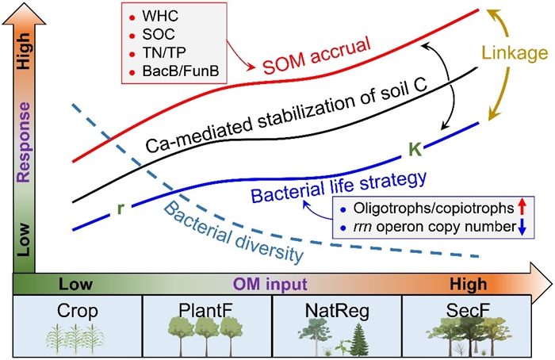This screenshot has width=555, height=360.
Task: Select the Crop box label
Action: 78,308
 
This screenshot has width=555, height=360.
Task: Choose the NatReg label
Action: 337,308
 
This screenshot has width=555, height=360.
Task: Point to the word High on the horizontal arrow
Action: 468,283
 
